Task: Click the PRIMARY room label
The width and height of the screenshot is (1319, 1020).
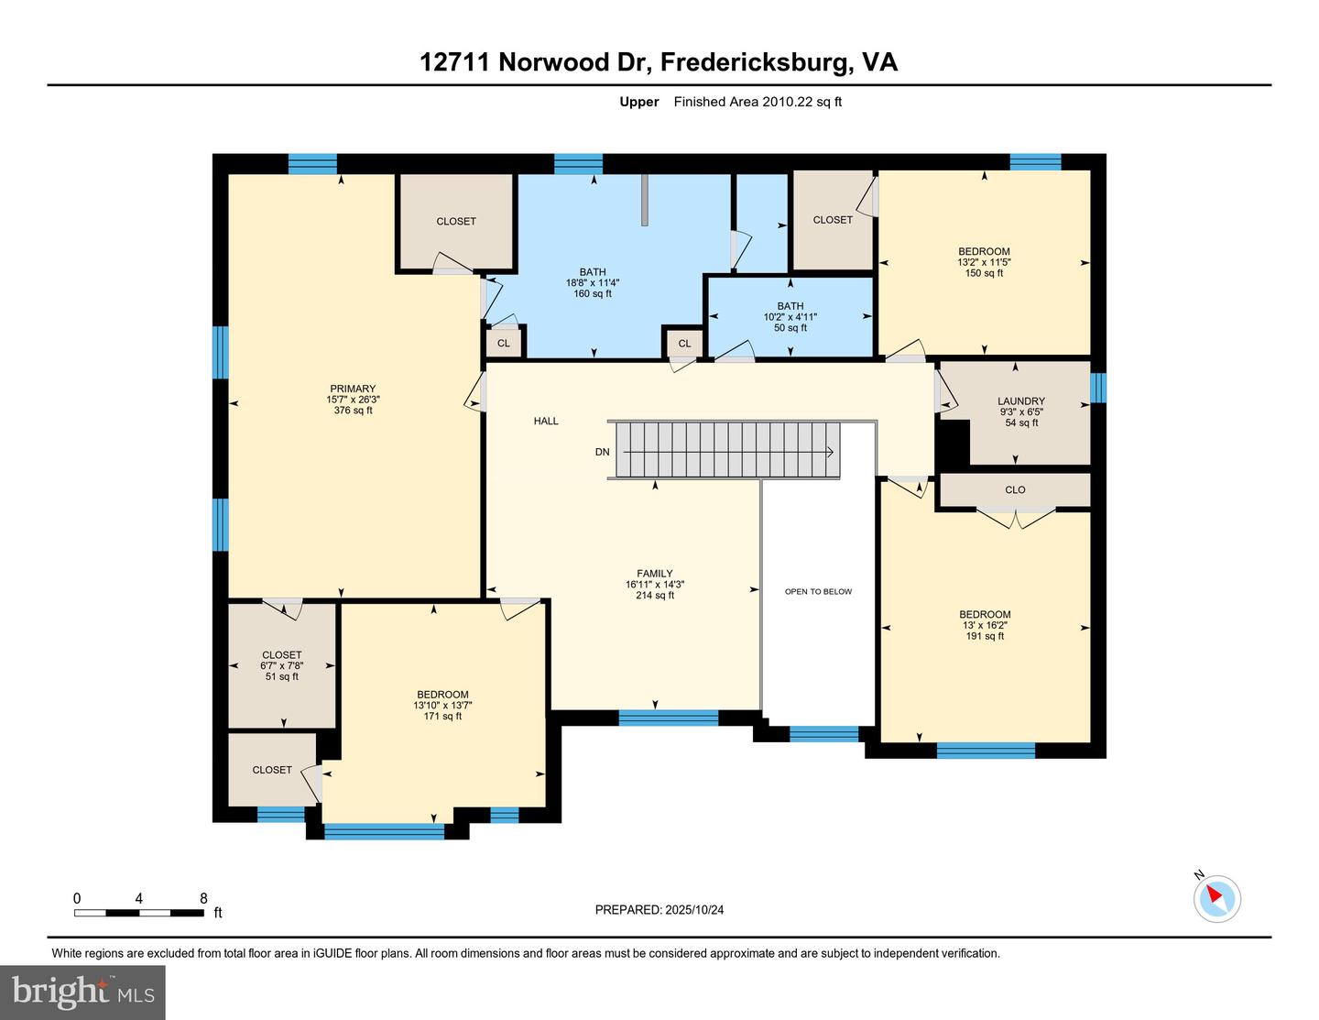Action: point(353,389)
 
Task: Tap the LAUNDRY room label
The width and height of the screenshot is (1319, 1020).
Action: point(1020,401)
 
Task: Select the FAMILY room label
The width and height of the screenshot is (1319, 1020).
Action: point(654,574)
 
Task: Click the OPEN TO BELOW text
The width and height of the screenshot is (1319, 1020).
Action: point(818,592)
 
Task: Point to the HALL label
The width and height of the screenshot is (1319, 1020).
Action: point(546,422)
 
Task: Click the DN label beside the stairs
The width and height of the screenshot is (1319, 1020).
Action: point(602,452)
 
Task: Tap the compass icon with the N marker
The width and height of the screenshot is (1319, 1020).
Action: point(1216,897)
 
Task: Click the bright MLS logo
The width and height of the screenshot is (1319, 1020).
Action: point(82,993)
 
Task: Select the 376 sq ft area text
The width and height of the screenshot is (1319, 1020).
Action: point(353,411)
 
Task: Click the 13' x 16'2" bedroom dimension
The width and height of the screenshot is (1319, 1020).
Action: point(985,625)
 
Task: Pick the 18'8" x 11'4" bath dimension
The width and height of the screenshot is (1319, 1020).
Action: point(593,283)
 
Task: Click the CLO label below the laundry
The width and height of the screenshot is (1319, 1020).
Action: point(1015,489)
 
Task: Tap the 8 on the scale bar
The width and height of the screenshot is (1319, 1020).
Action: point(203,899)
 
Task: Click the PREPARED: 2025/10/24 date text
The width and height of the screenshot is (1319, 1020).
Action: point(659,910)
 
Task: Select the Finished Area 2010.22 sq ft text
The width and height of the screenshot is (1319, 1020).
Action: point(758,102)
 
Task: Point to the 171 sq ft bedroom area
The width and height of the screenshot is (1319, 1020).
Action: point(442,716)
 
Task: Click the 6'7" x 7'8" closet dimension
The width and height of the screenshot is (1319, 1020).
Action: point(281,666)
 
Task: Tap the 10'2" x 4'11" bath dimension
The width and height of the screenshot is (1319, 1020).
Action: point(790,317)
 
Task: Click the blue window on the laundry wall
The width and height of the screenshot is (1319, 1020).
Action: point(1098,388)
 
